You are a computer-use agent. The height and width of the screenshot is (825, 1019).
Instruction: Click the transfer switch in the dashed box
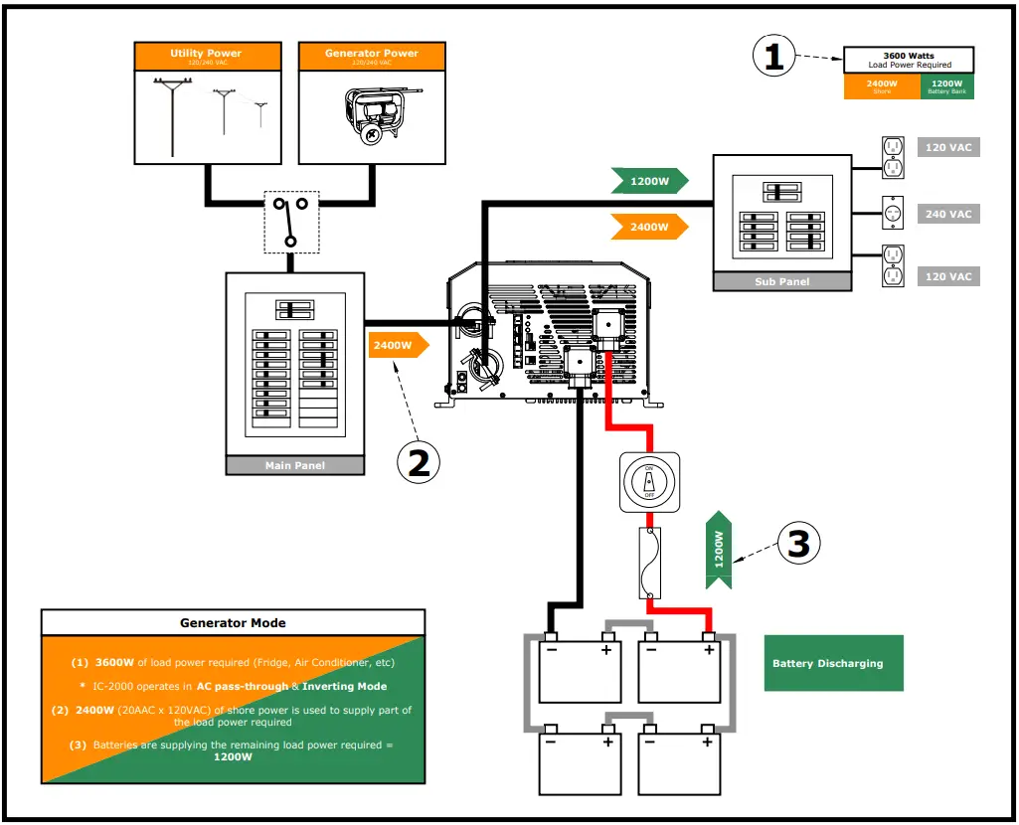point(290,222)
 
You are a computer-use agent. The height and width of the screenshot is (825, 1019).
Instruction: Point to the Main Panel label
point(295,465)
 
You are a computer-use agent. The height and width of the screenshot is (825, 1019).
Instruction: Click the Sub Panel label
point(782,281)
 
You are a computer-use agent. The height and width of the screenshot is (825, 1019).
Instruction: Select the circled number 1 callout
point(775,57)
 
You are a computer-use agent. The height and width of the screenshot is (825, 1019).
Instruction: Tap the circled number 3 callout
point(800,544)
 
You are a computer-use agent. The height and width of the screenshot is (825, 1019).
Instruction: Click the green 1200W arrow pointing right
point(648,182)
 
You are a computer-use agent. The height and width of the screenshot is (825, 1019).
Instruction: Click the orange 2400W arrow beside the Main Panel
point(398,346)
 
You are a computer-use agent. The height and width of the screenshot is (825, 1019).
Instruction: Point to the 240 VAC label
point(947,214)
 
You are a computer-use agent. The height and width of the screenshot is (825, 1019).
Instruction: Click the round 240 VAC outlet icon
point(893,213)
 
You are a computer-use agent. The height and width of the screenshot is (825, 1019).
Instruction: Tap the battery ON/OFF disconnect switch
point(649,482)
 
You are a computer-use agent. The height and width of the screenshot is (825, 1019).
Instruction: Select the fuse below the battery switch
point(649,563)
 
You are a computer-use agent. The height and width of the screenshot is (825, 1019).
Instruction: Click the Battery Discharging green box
point(833,663)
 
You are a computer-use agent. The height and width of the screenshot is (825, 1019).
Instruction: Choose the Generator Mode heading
point(233,623)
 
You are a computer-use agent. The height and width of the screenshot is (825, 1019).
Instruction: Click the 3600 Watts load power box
point(909,61)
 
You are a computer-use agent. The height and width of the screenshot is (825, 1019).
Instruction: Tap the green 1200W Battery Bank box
point(946,87)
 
